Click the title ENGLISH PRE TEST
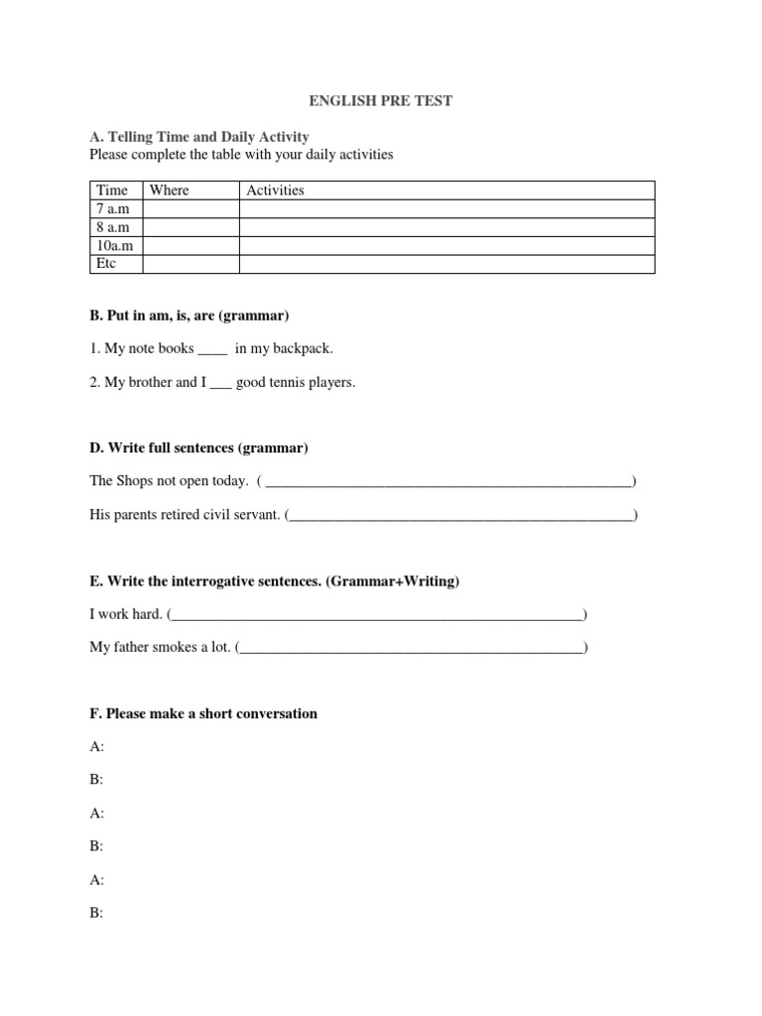(380, 102)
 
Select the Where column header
(170, 190)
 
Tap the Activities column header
(275, 190)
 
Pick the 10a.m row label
(113, 246)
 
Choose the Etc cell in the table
(105, 264)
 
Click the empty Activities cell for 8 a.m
(446, 227)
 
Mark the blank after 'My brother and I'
(219, 382)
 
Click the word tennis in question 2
(290, 382)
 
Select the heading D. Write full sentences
(198, 448)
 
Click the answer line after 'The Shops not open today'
(448, 483)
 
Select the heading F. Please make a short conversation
(203, 713)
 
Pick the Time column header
(112, 190)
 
